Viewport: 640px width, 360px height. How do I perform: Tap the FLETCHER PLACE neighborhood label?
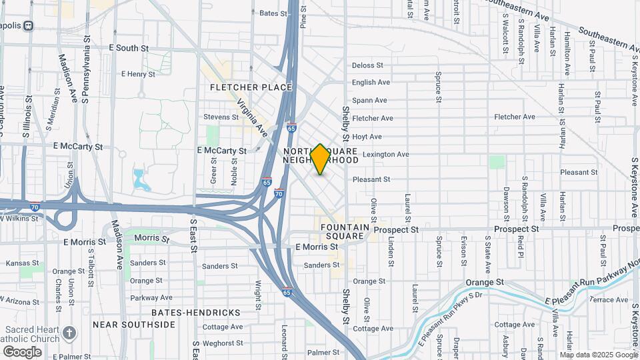point(251,87)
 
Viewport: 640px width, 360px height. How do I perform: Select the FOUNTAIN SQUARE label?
point(345,231)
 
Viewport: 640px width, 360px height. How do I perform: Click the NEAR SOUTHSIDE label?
point(134,325)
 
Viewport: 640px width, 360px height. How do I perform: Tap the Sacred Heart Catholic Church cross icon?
point(70,331)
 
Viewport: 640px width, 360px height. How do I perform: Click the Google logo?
point(22,351)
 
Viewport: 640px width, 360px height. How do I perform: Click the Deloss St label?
point(367,65)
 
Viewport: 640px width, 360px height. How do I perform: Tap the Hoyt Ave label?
point(367,137)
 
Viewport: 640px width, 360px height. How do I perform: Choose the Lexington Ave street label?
point(385,154)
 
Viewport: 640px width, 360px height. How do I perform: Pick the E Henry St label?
point(139,74)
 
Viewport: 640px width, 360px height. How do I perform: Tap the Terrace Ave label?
point(609,300)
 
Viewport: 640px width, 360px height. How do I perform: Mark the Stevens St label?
point(221,117)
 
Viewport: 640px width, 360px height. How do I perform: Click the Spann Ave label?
point(369,101)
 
